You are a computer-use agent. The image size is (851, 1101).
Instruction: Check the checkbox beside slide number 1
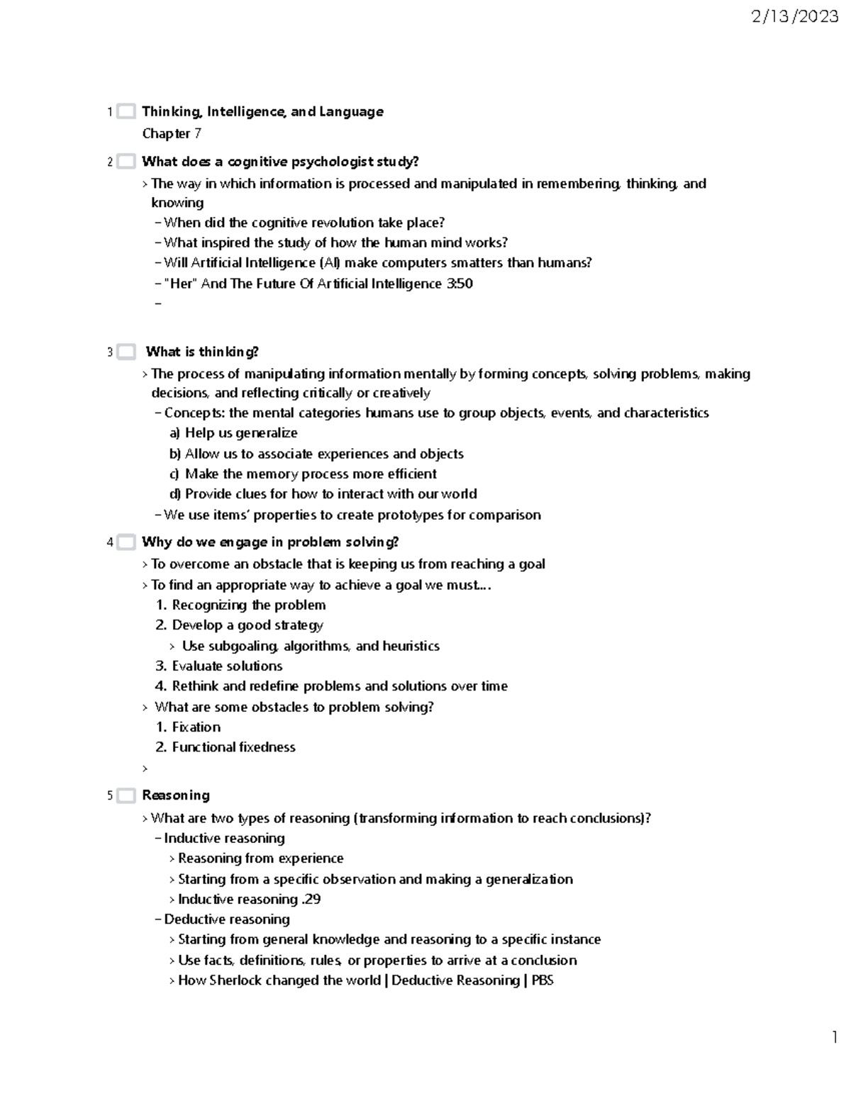pos(126,111)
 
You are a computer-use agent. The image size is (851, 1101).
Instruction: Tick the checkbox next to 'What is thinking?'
pos(126,352)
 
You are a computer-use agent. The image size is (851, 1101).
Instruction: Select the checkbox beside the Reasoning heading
pos(126,795)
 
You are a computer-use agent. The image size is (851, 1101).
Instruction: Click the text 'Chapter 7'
pos(172,133)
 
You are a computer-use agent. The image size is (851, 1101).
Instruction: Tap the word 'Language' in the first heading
pos(351,111)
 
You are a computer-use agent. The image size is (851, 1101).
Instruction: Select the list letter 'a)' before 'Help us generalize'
pos(174,433)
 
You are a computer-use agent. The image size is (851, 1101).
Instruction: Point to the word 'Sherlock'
pos(237,980)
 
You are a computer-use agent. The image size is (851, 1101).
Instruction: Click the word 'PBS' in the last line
pos(543,980)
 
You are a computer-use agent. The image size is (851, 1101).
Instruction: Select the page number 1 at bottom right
pos(835,1037)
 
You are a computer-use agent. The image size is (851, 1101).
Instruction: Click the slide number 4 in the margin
pos(110,542)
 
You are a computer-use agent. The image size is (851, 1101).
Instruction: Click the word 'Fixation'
pos(196,727)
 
